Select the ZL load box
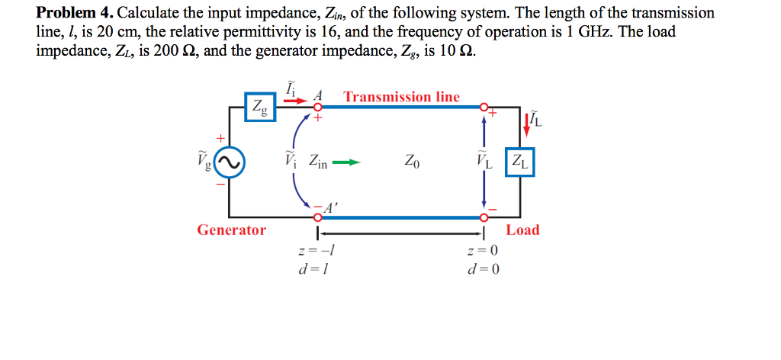coord(521,162)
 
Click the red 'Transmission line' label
coord(402,97)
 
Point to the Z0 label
coord(412,162)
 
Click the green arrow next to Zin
coord(346,162)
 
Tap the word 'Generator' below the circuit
coord(232,230)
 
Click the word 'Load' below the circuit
coord(522,230)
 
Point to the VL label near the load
coord(484,162)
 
